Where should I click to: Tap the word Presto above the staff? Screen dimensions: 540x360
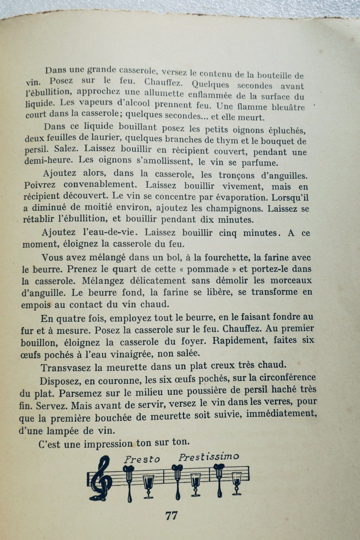[x=142, y=459]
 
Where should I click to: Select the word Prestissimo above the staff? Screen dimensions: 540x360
[x=208, y=457]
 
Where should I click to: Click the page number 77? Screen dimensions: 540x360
[x=172, y=516]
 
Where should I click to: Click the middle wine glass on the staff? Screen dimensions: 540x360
[x=196, y=484]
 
